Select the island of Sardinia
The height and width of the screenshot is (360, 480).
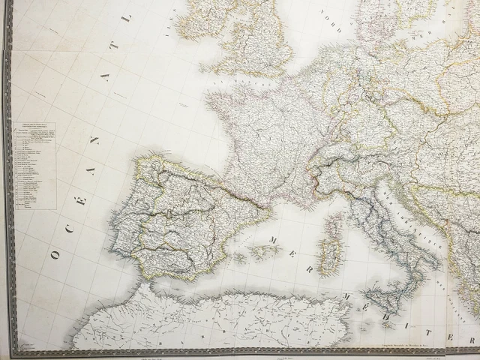[331, 256]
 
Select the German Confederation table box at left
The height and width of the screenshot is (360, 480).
[34, 165]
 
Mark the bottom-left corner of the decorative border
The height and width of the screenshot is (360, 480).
[12, 351]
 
